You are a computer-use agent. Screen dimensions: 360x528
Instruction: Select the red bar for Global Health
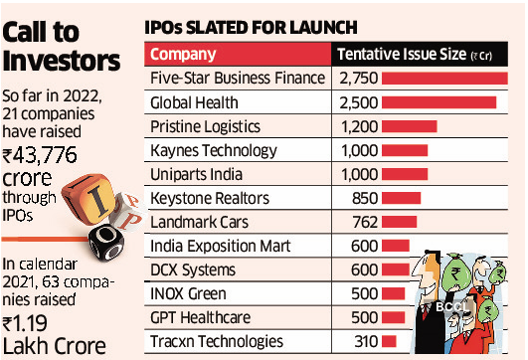[x=438, y=102]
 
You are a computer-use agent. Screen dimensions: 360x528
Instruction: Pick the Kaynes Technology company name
[x=209, y=150]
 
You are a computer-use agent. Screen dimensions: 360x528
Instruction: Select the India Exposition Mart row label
[x=219, y=246]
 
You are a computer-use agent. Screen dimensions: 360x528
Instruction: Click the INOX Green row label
[x=189, y=293]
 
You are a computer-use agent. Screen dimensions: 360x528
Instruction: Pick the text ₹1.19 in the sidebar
[x=32, y=324]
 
